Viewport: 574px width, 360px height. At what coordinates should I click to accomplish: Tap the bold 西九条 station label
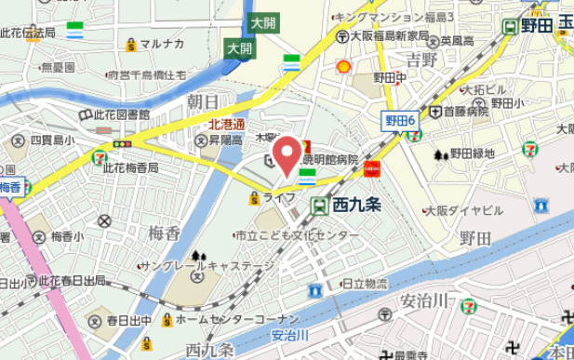354,207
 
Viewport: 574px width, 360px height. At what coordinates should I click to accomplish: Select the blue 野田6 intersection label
399,121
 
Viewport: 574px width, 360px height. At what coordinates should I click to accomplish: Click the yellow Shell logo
343,66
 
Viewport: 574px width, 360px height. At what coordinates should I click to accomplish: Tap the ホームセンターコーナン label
222,319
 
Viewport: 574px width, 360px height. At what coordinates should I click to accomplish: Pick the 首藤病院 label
465,111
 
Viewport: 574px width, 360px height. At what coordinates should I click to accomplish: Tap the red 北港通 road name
225,123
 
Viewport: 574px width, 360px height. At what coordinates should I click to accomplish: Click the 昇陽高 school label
224,140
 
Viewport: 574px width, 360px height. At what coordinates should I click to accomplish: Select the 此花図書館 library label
121,114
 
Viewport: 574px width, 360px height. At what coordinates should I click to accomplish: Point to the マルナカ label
161,44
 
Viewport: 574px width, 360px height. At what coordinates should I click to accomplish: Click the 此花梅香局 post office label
130,168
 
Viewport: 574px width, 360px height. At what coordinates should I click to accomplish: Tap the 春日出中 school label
128,321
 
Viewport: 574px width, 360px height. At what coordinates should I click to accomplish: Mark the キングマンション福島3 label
394,17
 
